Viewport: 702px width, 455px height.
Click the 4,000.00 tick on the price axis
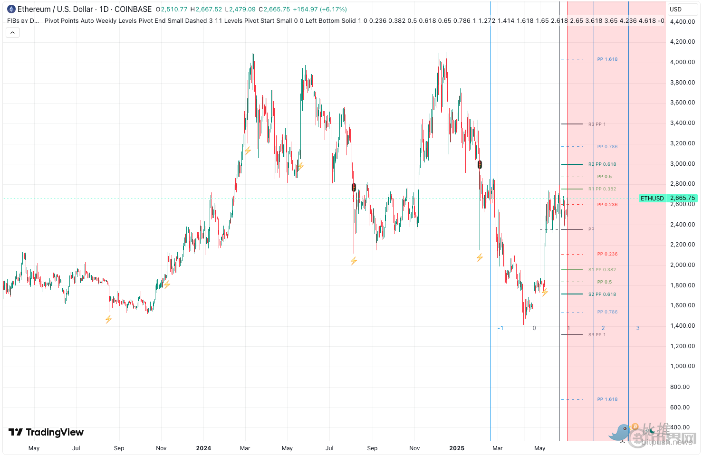[x=682, y=62]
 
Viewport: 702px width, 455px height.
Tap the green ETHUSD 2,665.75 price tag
[x=668, y=198]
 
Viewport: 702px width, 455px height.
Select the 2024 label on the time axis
[x=203, y=448]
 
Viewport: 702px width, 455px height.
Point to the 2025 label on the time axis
[x=457, y=448]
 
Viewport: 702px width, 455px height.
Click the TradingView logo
[x=46, y=432]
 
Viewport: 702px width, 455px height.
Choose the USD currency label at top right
[x=675, y=9]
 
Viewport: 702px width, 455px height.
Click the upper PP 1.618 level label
[x=607, y=59]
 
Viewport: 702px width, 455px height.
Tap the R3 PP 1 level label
[x=597, y=124]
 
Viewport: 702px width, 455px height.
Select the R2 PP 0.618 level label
[x=602, y=164]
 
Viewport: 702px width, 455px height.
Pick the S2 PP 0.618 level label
[x=602, y=294]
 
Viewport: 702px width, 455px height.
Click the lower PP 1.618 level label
[x=607, y=399]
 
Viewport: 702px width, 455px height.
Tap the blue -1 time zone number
[x=500, y=328]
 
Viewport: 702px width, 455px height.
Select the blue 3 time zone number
[x=638, y=328]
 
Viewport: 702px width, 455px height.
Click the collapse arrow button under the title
[x=12, y=33]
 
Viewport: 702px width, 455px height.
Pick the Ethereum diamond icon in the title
[x=11, y=9]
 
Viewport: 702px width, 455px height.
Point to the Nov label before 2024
[x=161, y=448]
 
